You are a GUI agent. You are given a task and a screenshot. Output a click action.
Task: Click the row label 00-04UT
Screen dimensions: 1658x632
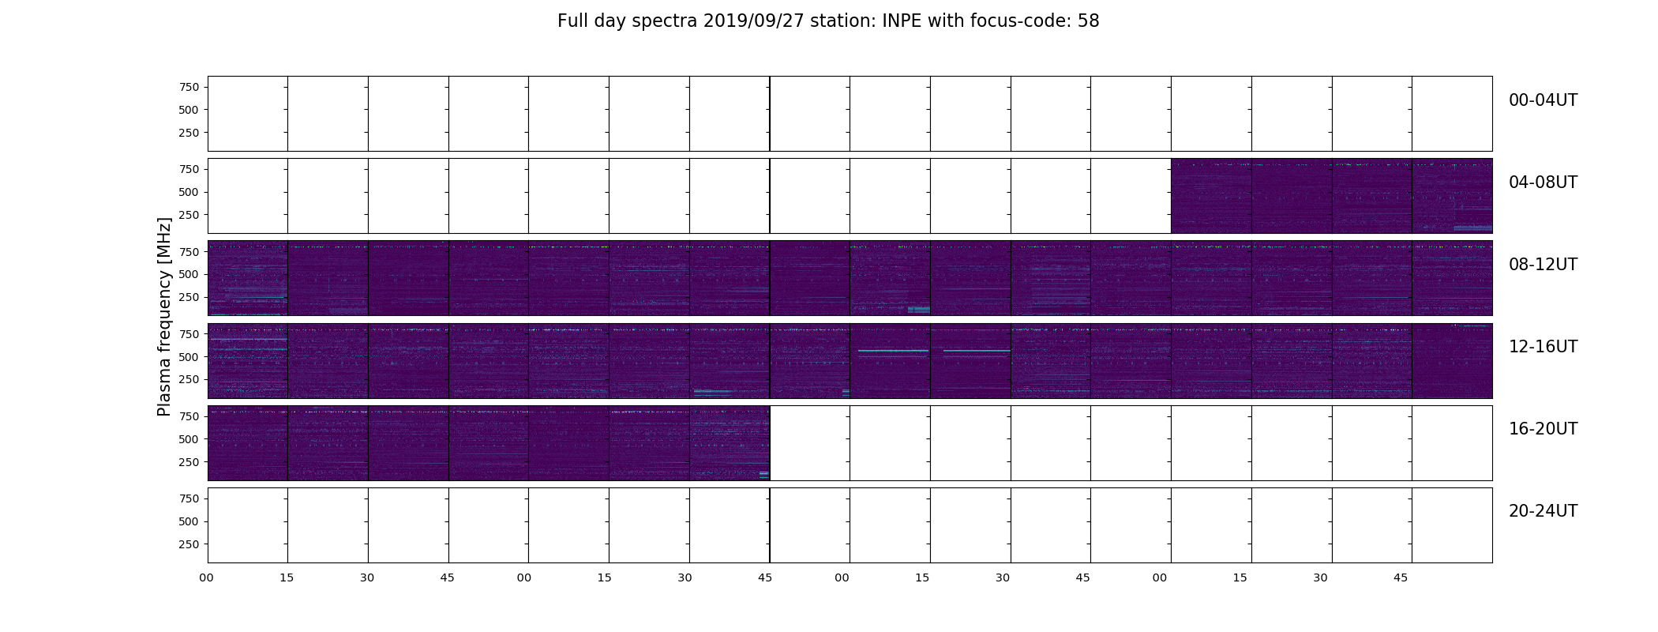point(1543,100)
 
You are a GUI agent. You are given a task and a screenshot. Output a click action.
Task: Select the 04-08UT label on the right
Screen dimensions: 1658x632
point(1543,182)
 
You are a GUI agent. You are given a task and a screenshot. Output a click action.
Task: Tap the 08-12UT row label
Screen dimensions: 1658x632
point(1543,265)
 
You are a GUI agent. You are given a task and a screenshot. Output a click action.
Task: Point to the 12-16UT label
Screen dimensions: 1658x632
point(1543,347)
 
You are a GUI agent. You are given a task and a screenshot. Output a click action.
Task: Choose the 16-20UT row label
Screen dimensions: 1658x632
point(1543,429)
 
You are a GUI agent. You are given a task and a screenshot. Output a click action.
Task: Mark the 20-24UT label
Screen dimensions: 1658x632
point(1543,511)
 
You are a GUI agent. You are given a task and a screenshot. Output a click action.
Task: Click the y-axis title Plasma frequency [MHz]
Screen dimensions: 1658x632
point(164,317)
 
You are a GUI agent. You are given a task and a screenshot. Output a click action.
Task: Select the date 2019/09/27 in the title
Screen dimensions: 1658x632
point(753,21)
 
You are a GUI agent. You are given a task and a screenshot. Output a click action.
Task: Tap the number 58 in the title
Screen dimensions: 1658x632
point(1089,21)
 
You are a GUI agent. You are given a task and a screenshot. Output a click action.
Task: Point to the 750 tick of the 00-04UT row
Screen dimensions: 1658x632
point(189,88)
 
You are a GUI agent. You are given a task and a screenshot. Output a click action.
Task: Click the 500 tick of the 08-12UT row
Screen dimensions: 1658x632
point(189,275)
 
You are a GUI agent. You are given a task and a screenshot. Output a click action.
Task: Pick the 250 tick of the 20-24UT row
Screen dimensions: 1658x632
point(189,545)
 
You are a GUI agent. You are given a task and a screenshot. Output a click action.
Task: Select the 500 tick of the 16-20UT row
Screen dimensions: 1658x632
point(189,439)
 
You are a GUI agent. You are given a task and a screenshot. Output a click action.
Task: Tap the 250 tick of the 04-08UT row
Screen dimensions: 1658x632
point(189,215)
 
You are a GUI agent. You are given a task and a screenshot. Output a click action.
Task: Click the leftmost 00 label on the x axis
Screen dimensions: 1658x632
point(206,578)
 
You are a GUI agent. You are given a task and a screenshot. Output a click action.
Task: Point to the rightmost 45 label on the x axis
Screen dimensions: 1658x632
point(1401,578)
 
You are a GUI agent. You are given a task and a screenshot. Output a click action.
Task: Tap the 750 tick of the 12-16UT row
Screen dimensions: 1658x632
point(189,335)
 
